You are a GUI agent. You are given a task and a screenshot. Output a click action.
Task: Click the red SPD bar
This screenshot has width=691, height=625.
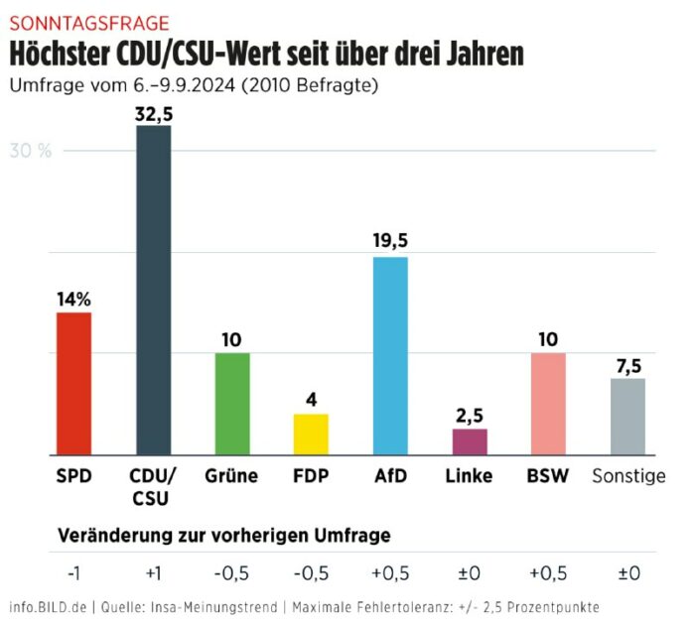click(73, 383)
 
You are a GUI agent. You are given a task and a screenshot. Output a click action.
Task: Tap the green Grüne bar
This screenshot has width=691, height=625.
click(231, 404)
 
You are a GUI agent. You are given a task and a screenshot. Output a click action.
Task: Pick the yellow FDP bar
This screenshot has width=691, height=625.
click(310, 434)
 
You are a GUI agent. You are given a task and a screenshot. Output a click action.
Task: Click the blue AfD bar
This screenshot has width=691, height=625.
click(390, 355)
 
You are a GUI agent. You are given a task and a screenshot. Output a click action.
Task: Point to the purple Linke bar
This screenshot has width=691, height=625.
click(470, 441)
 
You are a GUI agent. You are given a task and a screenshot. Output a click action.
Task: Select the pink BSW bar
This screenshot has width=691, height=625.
click(548, 404)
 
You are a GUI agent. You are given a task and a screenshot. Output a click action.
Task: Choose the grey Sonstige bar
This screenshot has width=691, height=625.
click(627, 416)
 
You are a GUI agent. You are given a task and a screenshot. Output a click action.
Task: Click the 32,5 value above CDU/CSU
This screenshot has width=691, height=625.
click(154, 113)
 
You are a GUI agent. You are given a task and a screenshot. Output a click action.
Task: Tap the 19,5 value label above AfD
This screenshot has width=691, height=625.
click(390, 241)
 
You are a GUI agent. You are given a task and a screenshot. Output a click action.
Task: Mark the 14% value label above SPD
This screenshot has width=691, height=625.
click(73, 298)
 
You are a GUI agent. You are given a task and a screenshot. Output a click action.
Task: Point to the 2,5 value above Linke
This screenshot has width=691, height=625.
click(470, 414)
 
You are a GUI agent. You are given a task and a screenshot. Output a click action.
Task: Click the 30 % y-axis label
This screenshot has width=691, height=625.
click(31, 151)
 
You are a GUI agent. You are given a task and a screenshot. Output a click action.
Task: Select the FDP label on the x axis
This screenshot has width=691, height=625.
click(310, 476)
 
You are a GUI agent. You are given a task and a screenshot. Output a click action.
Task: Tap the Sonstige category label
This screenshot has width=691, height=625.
click(628, 476)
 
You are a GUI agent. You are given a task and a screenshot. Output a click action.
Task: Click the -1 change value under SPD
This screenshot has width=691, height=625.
click(73, 572)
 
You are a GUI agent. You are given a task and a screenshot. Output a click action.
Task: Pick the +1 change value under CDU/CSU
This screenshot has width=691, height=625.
click(153, 572)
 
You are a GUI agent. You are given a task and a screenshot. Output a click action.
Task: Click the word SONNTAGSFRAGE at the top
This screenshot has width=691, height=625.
click(88, 22)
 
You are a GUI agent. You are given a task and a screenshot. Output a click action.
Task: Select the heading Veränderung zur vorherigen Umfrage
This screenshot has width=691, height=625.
click(224, 535)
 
